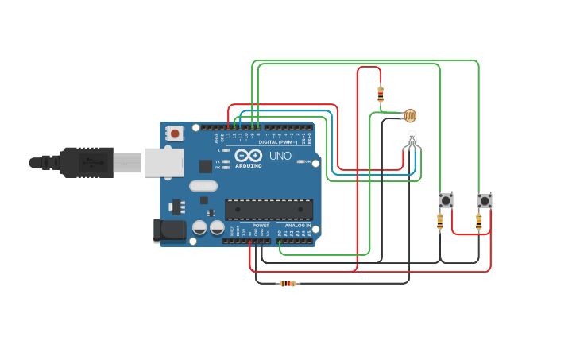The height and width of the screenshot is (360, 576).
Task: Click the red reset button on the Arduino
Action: point(174,134)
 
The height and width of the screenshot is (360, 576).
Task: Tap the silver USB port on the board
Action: point(163,162)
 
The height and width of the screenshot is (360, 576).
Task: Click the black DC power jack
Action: point(168,230)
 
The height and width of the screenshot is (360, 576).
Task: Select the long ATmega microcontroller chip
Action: point(269,209)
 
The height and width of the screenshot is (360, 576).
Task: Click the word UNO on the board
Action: point(280,156)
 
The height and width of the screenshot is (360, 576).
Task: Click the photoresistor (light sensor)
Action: point(410,116)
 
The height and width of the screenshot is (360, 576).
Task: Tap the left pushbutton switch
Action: point(446,200)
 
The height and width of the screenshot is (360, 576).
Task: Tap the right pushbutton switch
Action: point(485,200)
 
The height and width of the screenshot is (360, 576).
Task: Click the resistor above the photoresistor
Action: point(381,94)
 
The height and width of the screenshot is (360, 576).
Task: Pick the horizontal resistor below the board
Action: point(288,283)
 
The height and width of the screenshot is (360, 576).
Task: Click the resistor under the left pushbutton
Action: point(440,221)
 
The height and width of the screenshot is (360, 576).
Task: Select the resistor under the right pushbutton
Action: point(478,221)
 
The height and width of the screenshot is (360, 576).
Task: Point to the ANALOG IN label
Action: point(298,226)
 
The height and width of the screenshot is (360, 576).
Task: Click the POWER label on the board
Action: point(261,226)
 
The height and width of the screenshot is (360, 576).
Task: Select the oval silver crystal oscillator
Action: point(203,186)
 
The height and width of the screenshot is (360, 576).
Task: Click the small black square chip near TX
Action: point(206,166)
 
